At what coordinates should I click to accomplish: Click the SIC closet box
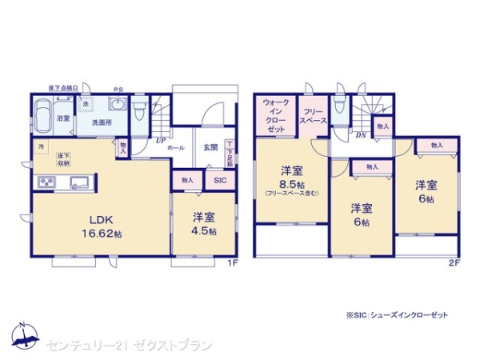[x=219, y=182]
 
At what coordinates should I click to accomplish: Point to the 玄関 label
[x=210, y=147]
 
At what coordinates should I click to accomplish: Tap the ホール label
[x=177, y=147]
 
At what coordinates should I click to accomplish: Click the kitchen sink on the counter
[x=81, y=181]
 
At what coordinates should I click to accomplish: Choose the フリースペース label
[x=313, y=117]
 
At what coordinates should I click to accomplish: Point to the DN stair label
[x=360, y=135]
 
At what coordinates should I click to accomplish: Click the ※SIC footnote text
[x=397, y=315]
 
